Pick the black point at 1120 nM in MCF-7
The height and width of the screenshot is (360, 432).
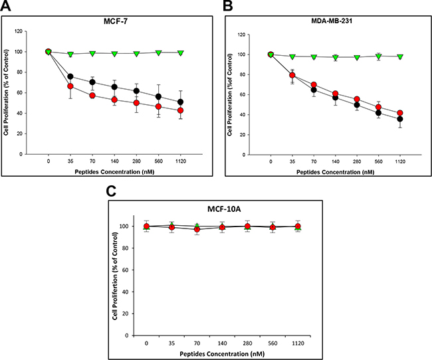pos(181,102)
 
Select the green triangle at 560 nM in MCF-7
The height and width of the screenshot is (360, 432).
pos(158,52)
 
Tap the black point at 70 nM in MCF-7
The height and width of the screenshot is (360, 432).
pos(92,82)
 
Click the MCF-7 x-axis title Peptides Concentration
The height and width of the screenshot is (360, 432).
pos(115,171)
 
